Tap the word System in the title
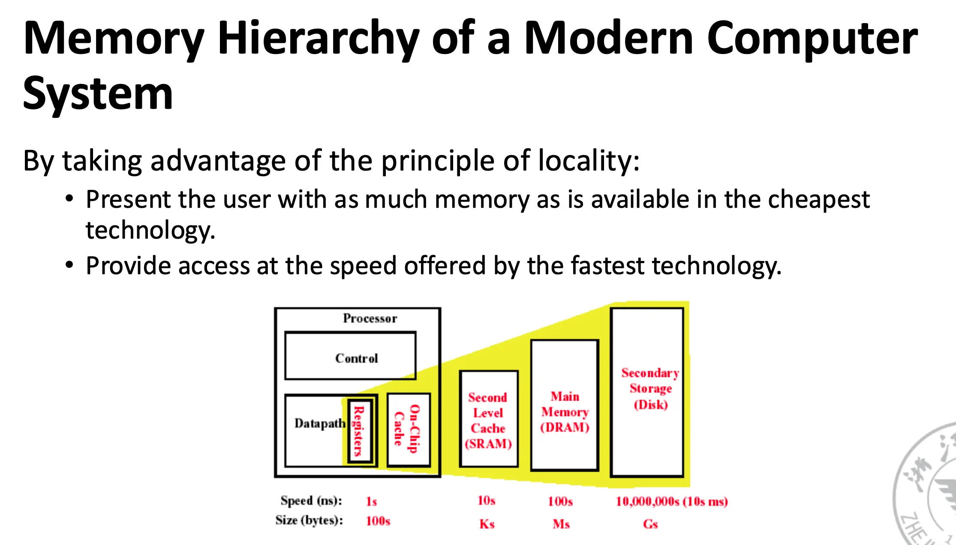pos(98,94)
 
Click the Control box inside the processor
pos(350,355)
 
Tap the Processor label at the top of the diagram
pos(370,318)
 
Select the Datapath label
pos(320,423)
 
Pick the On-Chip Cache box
pos(409,430)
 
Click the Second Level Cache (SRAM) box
pos(488,419)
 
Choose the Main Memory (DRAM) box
pos(565,405)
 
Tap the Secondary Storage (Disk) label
pos(650,389)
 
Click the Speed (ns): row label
pos(311,501)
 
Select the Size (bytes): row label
pos(309,520)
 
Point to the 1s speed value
pos(371,501)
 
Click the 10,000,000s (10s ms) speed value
pos(672,501)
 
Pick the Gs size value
pos(650,524)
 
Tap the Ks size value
pos(487,524)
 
